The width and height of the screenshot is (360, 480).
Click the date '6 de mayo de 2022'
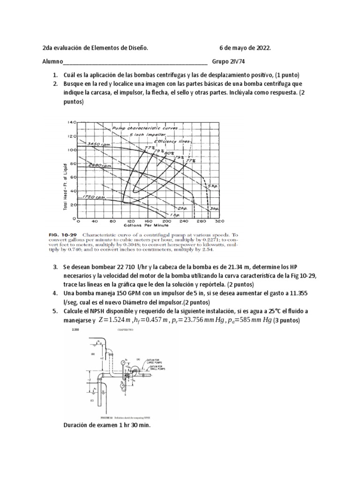[245, 48]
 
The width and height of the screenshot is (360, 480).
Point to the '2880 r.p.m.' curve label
[96, 165]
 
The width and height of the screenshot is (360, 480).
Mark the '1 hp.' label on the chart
[162, 214]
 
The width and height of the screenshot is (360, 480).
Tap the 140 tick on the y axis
[72, 122]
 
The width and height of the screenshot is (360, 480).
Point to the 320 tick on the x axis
[218, 221]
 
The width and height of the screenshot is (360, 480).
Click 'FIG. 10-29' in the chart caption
[64, 233]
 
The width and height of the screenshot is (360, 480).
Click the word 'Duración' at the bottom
[76, 425]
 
